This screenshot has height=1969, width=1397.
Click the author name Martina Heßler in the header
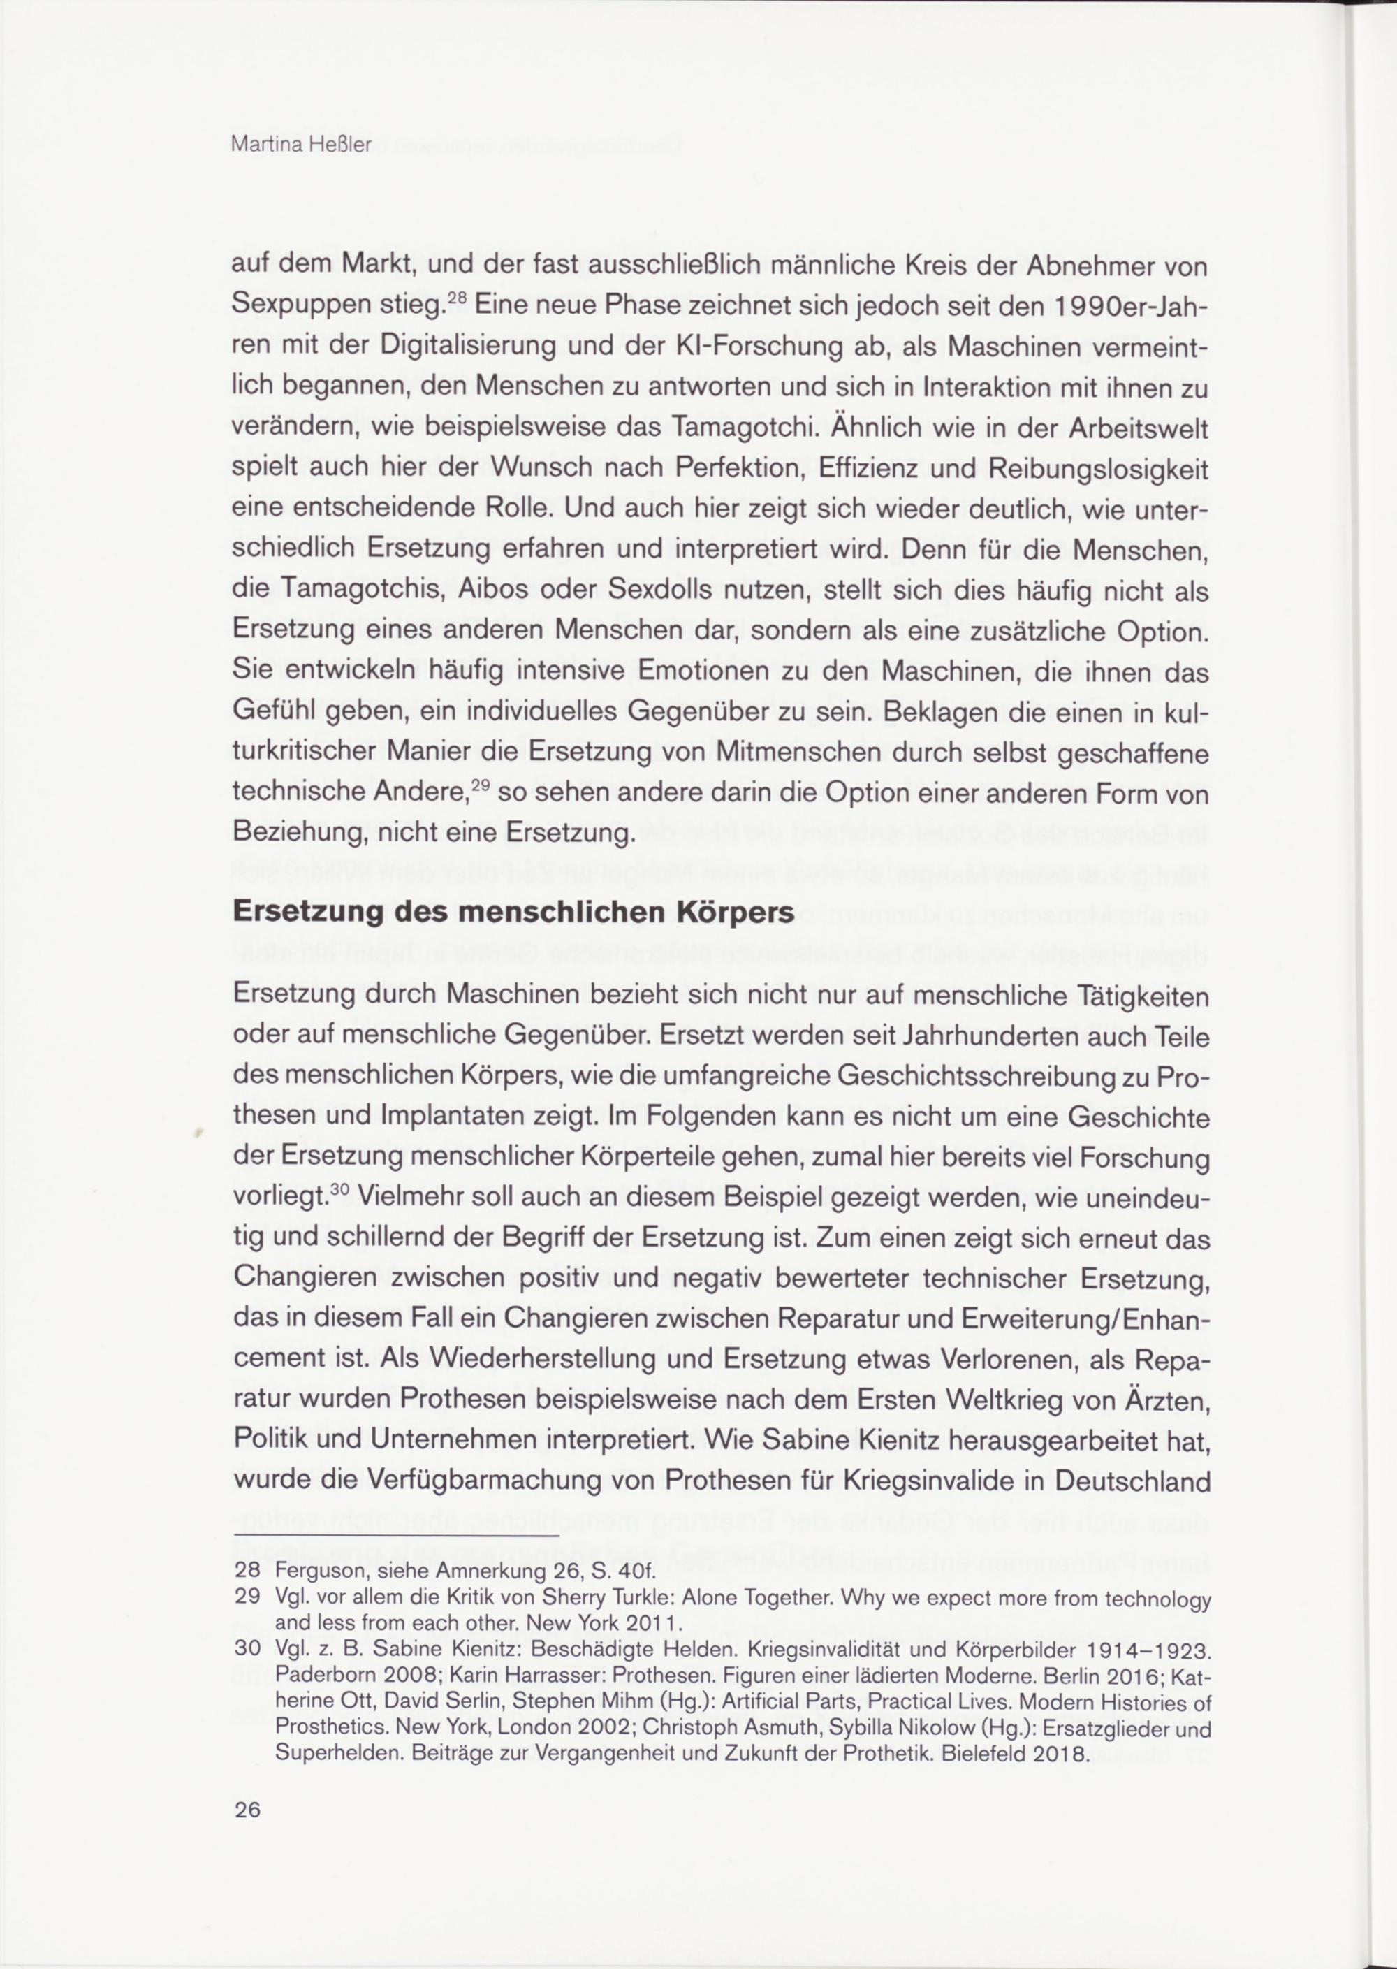[301, 145]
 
